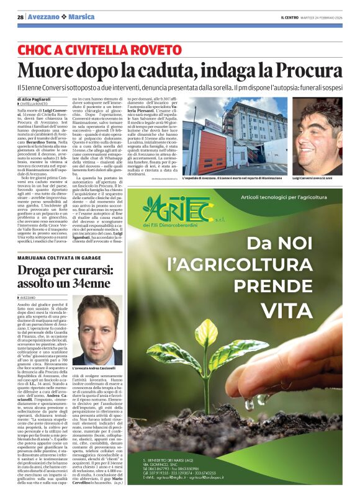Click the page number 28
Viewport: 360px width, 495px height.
point(20,16)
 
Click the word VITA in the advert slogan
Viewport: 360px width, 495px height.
point(286,310)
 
